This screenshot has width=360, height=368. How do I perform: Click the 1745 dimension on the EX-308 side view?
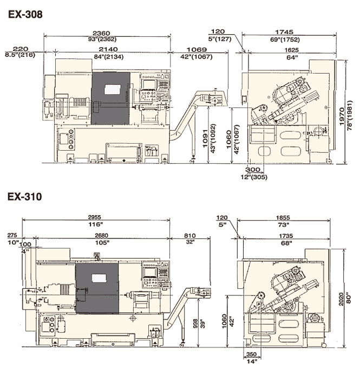pos(284,32)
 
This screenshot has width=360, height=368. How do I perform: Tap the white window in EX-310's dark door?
pos(100,278)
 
